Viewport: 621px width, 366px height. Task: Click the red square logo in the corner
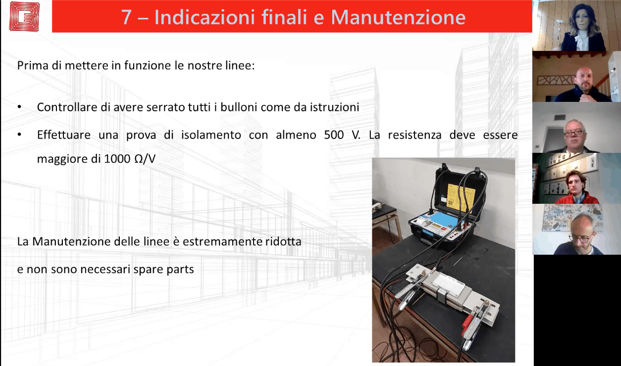(24, 16)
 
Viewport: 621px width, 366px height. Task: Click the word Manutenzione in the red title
(398, 17)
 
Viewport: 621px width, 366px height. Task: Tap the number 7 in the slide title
(126, 17)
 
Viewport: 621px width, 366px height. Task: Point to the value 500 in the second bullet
(334, 135)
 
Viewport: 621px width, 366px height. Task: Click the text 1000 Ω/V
(130, 159)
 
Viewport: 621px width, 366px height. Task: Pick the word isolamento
(211, 135)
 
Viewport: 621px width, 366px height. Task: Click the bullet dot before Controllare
(19, 107)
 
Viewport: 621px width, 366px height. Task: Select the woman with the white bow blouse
(583, 28)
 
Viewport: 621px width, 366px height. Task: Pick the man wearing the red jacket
(576, 188)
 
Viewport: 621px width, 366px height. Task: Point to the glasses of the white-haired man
(573, 133)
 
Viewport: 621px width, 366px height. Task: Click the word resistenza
(414, 135)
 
